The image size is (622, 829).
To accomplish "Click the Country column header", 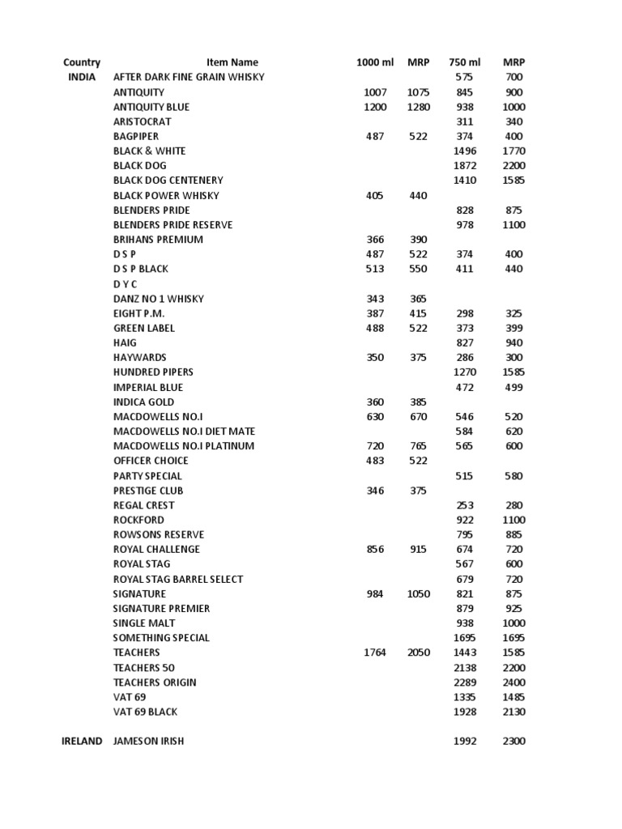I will [x=82, y=62].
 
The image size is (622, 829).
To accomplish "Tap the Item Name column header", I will [x=232, y=62].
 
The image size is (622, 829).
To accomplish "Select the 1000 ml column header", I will [x=374, y=62].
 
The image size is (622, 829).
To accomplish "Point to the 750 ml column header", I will [x=464, y=62].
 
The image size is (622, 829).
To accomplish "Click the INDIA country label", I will [x=82, y=77].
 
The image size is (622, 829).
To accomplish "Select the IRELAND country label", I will [x=82, y=741].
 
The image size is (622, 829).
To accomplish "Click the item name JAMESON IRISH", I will [x=148, y=741].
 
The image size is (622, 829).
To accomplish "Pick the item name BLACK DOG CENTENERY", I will [x=168, y=180].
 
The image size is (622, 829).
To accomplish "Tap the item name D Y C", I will [x=125, y=284].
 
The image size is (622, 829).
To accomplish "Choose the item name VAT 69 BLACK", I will [x=145, y=712].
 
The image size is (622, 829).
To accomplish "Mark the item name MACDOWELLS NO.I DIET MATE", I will [x=183, y=432].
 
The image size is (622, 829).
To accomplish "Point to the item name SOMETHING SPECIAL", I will [x=161, y=638].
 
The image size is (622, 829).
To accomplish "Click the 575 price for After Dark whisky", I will [x=464, y=77].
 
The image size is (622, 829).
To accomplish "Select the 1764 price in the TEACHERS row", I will [x=376, y=653].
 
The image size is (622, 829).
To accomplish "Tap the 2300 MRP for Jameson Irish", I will [x=513, y=741].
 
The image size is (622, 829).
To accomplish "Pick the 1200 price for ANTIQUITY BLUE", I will [x=376, y=107].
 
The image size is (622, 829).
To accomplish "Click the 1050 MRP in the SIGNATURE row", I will [x=419, y=593].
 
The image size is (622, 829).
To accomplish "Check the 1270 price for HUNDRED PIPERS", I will [x=465, y=372].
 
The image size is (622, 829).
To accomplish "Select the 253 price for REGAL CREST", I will [x=465, y=505].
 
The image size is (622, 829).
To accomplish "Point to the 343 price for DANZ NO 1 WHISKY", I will [x=375, y=299].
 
